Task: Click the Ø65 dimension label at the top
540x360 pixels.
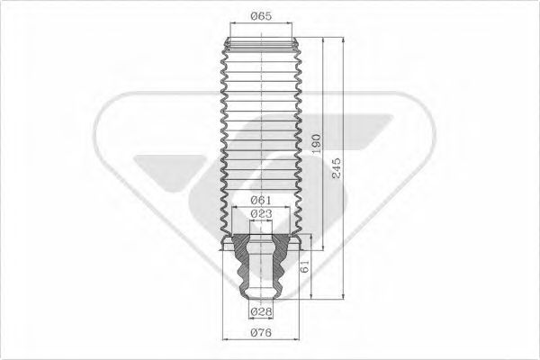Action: tap(261, 16)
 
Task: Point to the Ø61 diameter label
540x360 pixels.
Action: tap(261, 200)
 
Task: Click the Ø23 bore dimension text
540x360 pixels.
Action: tap(261, 213)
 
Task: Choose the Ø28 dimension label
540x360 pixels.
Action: tap(261, 311)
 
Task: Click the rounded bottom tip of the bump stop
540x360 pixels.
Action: tap(261, 297)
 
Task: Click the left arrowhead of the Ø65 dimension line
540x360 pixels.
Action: tap(231, 25)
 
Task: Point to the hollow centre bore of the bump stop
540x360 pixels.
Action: tap(261, 265)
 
